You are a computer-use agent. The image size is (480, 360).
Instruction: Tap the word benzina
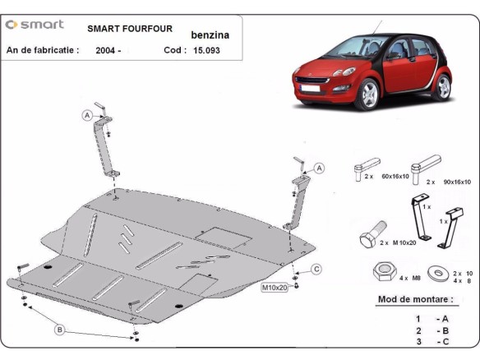point(210,36)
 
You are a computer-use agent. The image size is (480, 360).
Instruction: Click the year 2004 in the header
point(108,51)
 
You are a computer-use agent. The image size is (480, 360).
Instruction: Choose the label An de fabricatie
point(43,50)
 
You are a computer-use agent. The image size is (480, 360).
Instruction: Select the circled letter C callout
point(316,270)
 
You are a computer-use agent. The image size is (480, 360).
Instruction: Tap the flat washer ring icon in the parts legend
point(436,273)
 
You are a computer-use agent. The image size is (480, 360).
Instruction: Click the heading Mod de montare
point(415,299)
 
